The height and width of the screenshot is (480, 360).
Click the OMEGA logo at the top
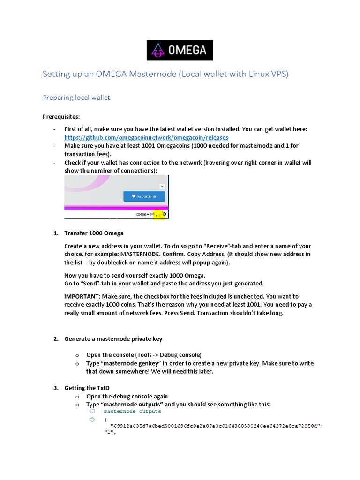click(180, 50)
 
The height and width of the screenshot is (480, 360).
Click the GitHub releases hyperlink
click(146, 137)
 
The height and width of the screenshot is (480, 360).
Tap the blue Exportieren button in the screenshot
click(144, 196)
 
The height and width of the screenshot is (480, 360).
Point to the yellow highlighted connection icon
click(159, 214)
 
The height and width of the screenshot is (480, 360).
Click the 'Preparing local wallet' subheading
click(76, 97)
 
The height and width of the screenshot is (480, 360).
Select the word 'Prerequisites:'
click(61, 116)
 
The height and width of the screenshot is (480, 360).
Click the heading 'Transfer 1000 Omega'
click(94, 233)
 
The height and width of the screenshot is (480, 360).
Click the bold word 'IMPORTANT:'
click(82, 296)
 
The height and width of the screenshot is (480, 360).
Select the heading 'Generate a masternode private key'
click(113, 339)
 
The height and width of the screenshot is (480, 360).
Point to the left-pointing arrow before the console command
click(92, 411)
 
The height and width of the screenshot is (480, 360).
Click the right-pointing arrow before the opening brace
click(92, 420)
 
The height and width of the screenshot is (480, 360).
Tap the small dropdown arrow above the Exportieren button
click(162, 186)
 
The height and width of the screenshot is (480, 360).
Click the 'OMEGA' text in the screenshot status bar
click(142, 214)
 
